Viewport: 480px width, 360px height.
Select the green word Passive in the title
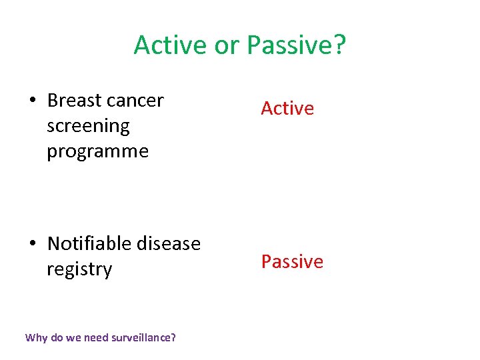(x=288, y=45)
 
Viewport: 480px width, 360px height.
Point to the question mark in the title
(x=339, y=45)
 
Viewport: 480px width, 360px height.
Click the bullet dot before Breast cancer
(x=33, y=101)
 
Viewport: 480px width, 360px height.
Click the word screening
(x=88, y=127)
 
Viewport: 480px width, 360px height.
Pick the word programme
(x=97, y=152)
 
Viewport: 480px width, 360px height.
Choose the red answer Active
(x=287, y=108)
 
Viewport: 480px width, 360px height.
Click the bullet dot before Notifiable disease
(x=33, y=244)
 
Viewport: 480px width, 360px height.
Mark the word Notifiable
(x=89, y=243)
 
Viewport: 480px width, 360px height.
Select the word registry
(x=79, y=270)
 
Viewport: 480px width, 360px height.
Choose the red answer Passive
(x=292, y=261)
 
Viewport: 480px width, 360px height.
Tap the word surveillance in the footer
(x=141, y=337)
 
